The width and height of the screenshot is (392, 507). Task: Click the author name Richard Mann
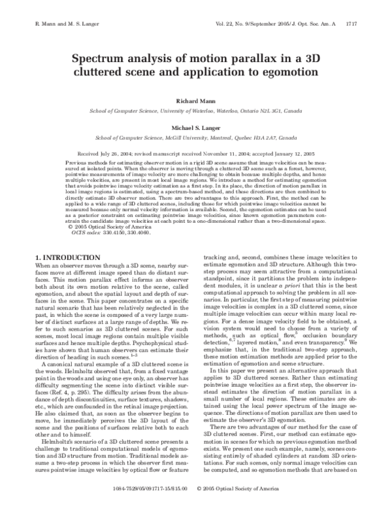coord(195,103)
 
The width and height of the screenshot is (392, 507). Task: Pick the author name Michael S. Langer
coord(195,130)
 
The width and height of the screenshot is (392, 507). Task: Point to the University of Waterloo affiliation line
coord(195,112)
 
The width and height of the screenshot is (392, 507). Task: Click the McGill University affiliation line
coord(195,139)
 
